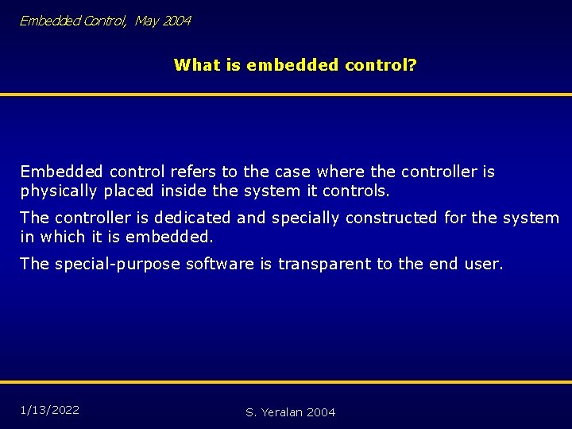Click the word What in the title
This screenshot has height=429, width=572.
pos(195,64)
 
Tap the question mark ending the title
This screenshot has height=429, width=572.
pos(412,64)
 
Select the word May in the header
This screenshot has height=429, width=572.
pos(146,21)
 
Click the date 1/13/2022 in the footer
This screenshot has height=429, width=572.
pos(50,410)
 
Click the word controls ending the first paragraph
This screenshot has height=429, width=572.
pos(360,191)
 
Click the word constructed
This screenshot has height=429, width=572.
pos(392,218)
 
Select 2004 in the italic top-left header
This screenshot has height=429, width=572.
pos(177,21)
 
